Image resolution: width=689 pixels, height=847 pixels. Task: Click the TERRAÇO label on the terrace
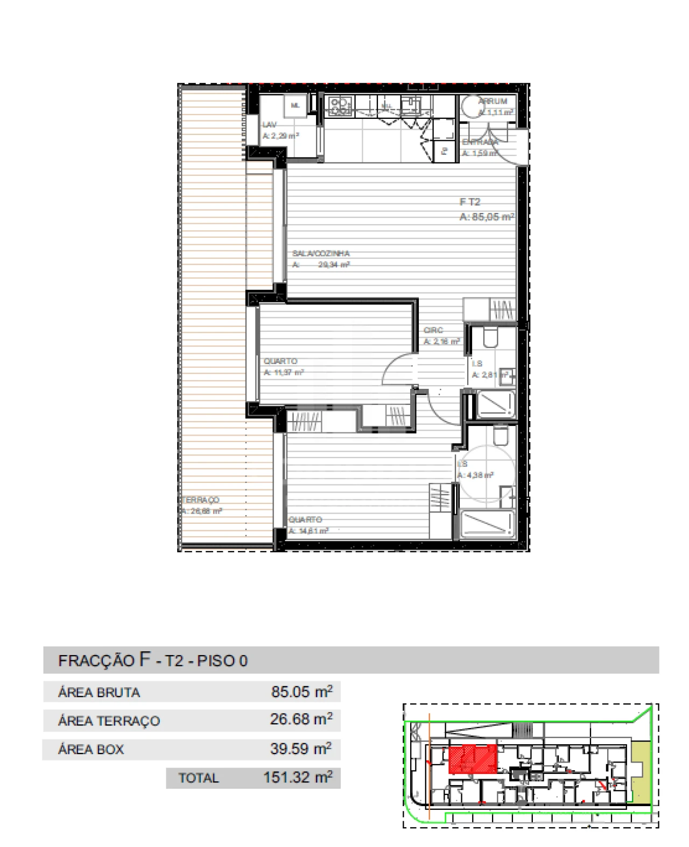[x=201, y=500]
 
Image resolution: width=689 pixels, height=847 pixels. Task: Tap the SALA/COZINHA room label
[x=321, y=253]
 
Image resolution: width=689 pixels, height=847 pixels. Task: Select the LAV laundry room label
[x=269, y=125]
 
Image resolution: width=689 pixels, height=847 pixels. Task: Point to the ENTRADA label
[x=479, y=142]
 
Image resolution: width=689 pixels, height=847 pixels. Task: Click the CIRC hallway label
[x=433, y=330]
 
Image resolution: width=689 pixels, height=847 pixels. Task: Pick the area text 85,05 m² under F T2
[x=487, y=217]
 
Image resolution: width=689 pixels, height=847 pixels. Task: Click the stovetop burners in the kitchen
[x=340, y=105]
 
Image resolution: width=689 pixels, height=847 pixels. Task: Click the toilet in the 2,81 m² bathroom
[x=490, y=338]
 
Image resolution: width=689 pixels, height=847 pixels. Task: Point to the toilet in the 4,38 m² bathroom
[x=500, y=436]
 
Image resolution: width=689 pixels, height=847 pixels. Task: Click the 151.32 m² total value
[x=297, y=778]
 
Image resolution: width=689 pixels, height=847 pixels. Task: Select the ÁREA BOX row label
[x=91, y=749]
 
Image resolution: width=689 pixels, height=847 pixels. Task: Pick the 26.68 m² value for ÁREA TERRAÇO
[x=301, y=719]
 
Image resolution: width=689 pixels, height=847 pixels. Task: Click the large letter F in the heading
[x=145, y=659]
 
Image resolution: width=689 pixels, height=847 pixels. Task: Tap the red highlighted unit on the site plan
[x=472, y=759]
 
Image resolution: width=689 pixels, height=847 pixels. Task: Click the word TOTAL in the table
[x=199, y=778]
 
